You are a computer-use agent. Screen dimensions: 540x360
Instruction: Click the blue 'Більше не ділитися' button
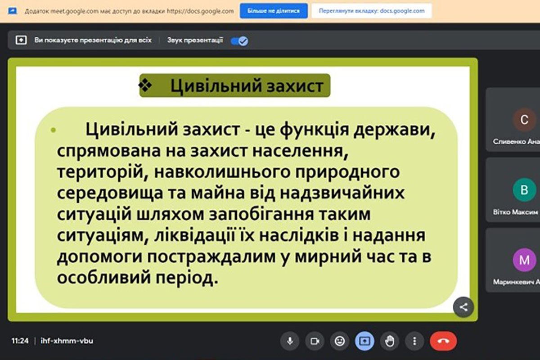click(274, 11)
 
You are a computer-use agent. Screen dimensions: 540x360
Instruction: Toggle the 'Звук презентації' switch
click(239, 41)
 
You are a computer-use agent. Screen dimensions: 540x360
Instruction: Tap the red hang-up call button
click(443, 341)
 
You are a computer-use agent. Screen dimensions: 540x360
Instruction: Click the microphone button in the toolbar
click(290, 341)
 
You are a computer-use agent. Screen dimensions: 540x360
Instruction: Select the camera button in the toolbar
click(315, 341)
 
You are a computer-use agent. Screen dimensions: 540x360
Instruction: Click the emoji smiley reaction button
click(340, 341)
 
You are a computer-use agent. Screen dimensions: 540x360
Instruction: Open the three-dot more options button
click(414, 341)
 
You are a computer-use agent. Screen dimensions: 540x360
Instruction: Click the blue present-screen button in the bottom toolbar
click(364, 341)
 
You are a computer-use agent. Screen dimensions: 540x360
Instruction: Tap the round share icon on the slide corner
click(463, 307)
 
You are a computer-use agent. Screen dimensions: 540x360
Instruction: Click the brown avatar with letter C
click(524, 120)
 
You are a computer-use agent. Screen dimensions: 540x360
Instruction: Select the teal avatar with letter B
click(524, 190)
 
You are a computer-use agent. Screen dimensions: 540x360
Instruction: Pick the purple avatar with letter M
click(524, 260)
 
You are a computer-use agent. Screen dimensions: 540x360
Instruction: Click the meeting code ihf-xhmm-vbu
click(67, 341)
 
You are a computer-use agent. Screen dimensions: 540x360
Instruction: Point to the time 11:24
click(20, 341)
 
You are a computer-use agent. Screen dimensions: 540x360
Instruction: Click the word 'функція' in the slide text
click(315, 130)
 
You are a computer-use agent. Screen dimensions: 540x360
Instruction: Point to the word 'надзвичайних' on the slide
click(342, 193)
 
